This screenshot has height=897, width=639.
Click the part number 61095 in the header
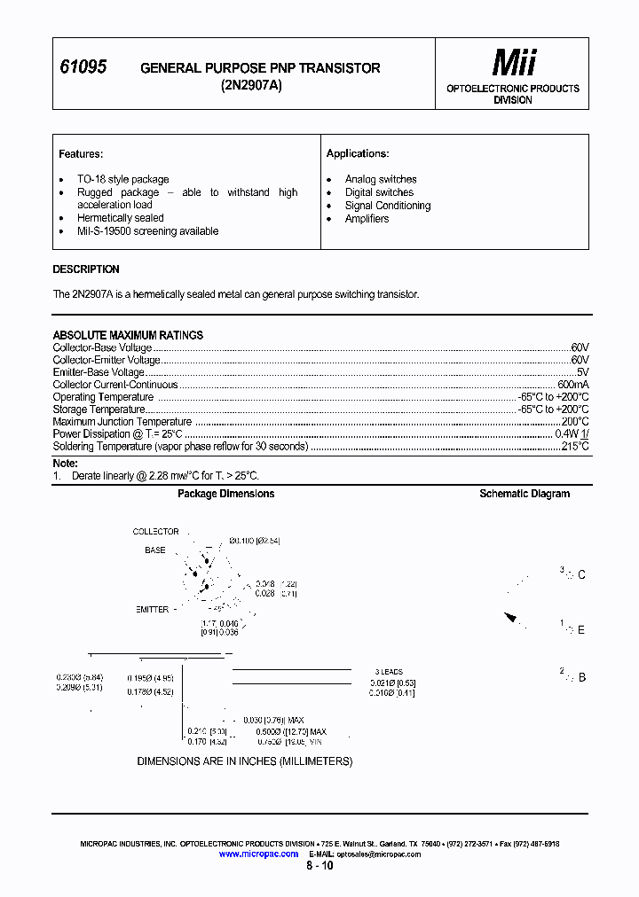pyautogui.click(x=83, y=67)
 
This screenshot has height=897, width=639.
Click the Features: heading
pyautogui.click(x=81, y=154)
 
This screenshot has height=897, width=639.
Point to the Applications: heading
pyautogui.click(x=358, y=154)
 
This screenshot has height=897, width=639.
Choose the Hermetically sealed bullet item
pyautogui.click(x=120, y=218)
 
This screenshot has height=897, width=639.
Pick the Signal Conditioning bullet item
pyautogui.click(x=388, y=206)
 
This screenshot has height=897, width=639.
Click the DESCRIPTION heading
pyautogui.click(x=86, y=269)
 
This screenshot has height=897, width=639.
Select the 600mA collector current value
pyautogui.click(x=572, y=385)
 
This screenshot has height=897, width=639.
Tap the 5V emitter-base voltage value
pyautogui.click(x=582, y=372)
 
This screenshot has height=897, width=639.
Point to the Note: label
pyautogui.click(x=66, y=464)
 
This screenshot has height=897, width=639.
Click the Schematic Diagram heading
pyautogui.click(x=525, y=494)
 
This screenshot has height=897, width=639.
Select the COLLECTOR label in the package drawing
pyautogui.click(x=155, y=532)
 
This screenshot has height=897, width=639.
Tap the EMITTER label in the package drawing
pyautogui.click(x=153, y=610)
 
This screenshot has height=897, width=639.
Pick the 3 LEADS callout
pyautogui.click(x=389, y=672)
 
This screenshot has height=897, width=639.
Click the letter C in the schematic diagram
pyautogui.click(x=581, y=575)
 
